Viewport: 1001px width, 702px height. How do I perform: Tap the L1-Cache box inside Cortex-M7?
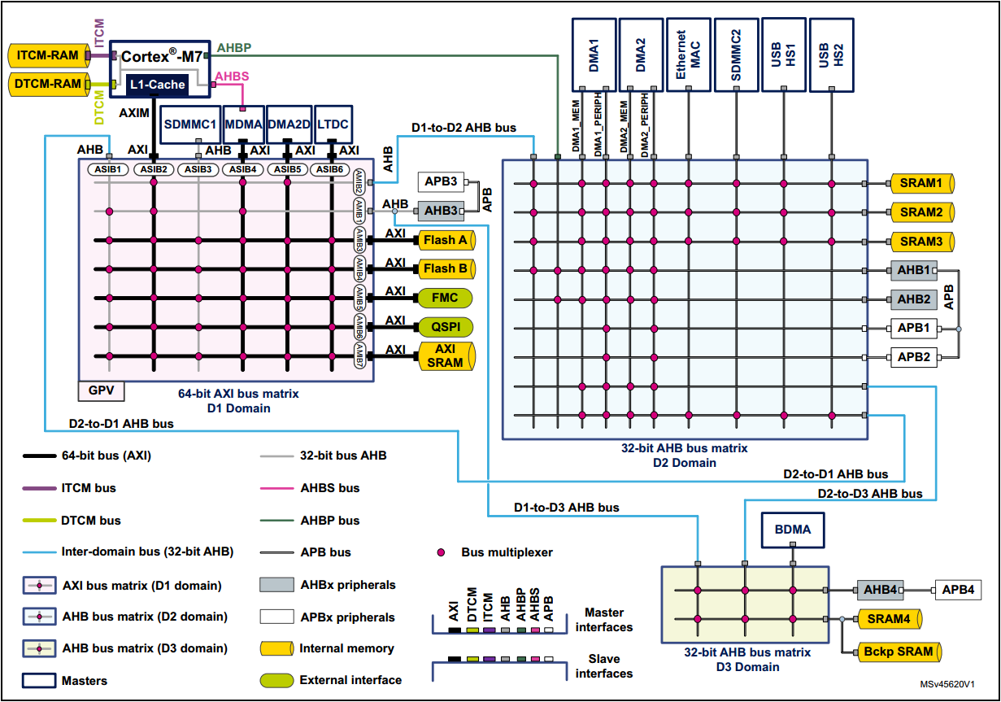[x=157, y=84]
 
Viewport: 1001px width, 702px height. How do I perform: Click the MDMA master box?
[x=242, y=124]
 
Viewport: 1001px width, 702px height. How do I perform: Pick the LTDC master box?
[x=333, y=124]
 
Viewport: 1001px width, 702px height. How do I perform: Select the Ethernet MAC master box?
[x=690, y=55]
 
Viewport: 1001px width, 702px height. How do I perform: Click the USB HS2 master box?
[x=833, y=55]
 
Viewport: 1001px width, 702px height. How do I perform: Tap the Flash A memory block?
[x=445, y=240]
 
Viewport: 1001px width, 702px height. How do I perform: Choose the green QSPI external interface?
[x=445, y=326]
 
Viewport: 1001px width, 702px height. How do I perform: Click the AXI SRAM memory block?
[x=445, y=356]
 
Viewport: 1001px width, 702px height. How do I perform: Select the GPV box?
[x=101, y=391]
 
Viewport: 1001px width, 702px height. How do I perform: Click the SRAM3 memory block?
[x=921, y=242]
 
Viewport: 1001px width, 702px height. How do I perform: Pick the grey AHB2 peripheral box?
[x=913, y=299]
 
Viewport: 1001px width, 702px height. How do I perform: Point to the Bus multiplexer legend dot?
[x=442, y=552]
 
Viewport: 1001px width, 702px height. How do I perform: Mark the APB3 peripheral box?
[x=441, y=181]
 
